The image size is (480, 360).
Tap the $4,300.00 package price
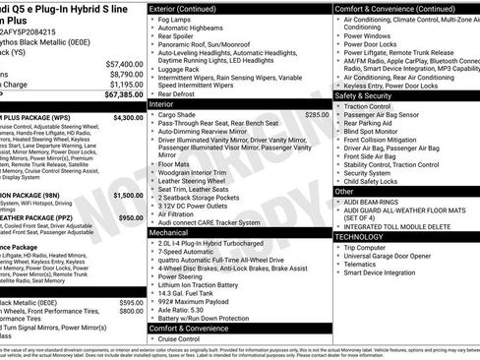pos(128,117)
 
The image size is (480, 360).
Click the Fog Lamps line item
pos(178,20)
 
